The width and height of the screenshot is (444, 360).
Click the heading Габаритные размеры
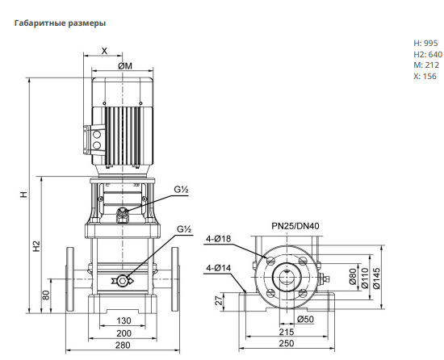tap(60, 23)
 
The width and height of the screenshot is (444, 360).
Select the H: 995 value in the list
tap(425, 44)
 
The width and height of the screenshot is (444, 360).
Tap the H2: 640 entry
tap(428, 54)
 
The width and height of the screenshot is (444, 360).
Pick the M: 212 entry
tap(426, 65)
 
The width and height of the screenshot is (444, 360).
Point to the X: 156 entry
tap(425, 76)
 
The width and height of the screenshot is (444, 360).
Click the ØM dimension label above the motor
tap(125, 66)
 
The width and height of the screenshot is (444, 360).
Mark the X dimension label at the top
tap(104, 51)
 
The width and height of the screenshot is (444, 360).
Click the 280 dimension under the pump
tap(123, 345)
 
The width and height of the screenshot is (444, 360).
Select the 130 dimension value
tap(124, 320)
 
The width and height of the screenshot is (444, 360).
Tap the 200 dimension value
tap(124, 333)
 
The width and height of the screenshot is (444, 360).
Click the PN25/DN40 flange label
tap(295, 226)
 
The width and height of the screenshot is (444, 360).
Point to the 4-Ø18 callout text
tap(218, 239)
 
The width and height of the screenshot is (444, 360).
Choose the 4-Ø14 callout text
tap(218, 268)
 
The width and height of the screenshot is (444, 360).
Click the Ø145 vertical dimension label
tap(377, 278)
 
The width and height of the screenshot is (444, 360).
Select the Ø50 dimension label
tap(305, 320)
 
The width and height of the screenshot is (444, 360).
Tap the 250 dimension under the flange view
tap(287, 343)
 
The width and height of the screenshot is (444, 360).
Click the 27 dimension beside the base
tap(219, 300)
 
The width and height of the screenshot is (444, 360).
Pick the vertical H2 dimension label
tap(37, 246)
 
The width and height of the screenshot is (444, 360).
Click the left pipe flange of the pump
tap(70, 279)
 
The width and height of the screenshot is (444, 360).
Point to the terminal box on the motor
tap(94, 140)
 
